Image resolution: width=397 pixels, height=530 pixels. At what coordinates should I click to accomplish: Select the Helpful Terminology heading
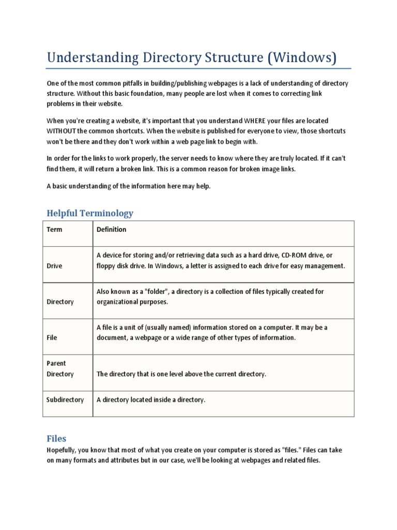tap(90, 213)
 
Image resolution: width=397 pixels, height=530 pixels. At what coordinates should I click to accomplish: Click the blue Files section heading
tap(56, 438)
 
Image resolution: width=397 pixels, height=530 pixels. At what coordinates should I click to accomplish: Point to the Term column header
tap(54, 229)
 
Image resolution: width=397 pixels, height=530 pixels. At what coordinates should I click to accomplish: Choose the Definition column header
tap(111, 229)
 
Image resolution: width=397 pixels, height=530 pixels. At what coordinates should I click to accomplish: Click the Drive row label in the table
tap(54, 266)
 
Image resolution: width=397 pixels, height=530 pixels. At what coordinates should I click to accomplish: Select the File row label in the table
tap(52, 337)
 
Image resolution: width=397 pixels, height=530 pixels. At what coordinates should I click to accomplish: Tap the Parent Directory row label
tap(60, 369)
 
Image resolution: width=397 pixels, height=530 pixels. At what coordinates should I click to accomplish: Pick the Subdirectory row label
tap(65, 400)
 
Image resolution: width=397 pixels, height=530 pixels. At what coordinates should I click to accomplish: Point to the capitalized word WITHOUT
tap(64, 131)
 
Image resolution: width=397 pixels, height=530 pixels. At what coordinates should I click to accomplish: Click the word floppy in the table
tap(106, 266)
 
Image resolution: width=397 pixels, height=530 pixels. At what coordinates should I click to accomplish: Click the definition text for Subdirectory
tap(151, 400)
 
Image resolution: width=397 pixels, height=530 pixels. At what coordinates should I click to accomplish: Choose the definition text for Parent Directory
tap(181, 374)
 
